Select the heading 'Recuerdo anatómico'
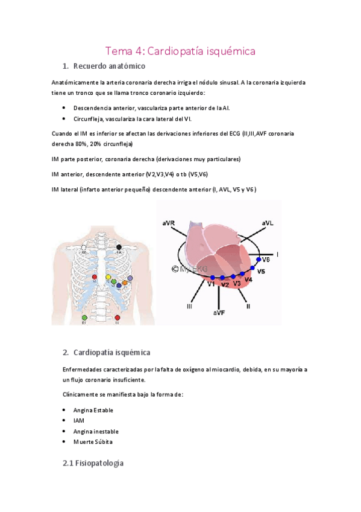click(x=108, y=66)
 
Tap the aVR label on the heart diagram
click(x=169, y=223)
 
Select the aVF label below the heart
click(x=219, y=313)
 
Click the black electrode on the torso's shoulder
click(x=119, y=247)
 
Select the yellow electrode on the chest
click(x=108, y=277)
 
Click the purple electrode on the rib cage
click(x=130, y=278)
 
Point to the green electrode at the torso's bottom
click(x=84, y=318)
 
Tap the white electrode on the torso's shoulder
click(x=84, y=248)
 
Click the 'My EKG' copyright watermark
click(x=188, y=269)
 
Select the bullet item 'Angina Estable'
click(x=93, y=410)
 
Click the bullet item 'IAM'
click(x=79, y=420)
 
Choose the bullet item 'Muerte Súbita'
click(x=93, y=441)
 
